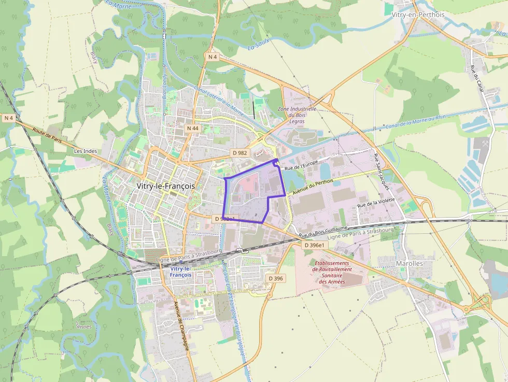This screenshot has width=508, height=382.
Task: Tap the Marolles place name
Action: [x=409, y=263]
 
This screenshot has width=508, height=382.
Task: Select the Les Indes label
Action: [x=86, y=151]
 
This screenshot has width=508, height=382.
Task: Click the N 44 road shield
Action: [x=192, y=128]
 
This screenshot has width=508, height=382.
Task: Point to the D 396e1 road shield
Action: [x=314, y=245]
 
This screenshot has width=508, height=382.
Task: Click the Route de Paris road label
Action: [x=50, y=137]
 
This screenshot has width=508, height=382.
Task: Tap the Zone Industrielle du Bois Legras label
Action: [x=297, y=115]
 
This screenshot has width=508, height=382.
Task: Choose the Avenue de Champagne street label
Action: [x=184, y=327]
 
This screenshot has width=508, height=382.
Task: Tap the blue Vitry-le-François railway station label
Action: [x=180, y=272]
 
